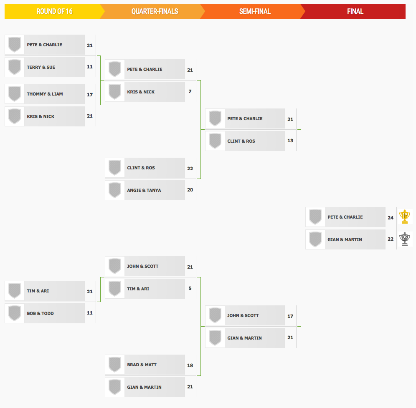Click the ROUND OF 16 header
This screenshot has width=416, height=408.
54,11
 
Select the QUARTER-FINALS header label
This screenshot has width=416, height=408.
155,11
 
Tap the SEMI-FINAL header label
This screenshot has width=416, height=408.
255,11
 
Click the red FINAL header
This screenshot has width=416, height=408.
355,11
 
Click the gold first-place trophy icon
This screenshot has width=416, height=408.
405,217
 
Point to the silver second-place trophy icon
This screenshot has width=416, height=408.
405,239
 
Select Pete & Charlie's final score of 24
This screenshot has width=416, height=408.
391,218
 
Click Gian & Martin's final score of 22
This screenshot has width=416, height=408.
391,239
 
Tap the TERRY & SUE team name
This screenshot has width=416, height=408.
41,67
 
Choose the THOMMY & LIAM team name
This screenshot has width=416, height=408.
45,94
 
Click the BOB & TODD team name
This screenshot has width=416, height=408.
41,313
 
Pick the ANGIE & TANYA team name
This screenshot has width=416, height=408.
144,191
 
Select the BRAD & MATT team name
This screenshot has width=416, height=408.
142,365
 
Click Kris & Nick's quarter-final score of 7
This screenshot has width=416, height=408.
190,91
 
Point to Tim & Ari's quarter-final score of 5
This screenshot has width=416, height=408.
190,288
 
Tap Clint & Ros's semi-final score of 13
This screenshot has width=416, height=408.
290,141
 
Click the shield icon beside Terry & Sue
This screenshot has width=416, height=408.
15,67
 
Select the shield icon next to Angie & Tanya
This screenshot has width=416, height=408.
115,190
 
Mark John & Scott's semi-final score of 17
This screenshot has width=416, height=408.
290,316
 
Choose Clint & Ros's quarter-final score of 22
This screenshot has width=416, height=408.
190,169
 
